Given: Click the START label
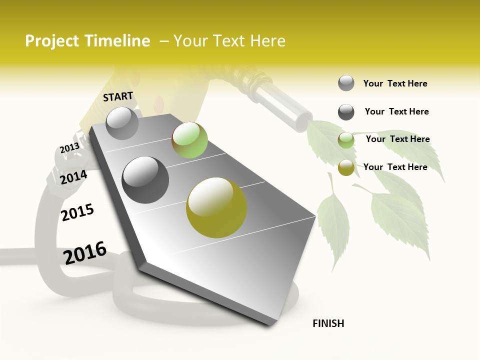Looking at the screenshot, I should coord(118,96).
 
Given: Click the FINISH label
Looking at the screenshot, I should coord(328,323).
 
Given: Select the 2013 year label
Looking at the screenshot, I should coord(69,148).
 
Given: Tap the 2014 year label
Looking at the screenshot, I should coord(73,177).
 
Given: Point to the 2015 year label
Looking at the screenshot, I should coord(77,212).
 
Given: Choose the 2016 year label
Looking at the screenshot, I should coord(85,252).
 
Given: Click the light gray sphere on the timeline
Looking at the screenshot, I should coord(122,123).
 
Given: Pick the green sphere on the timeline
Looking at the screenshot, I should coord(189,140).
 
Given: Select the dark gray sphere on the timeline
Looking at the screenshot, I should coord(145,179).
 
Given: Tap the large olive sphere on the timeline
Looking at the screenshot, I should coord(216,207).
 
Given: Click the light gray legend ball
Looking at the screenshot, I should coord(346,83).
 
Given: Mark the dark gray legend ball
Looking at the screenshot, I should coord(346,112).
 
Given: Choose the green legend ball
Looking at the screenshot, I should coord(346,140).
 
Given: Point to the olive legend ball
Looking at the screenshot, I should coord(346,168).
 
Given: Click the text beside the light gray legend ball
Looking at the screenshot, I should coord(395,83).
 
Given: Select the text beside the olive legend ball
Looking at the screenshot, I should coord(395,167).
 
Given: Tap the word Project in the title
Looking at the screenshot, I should coord(52,41).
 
